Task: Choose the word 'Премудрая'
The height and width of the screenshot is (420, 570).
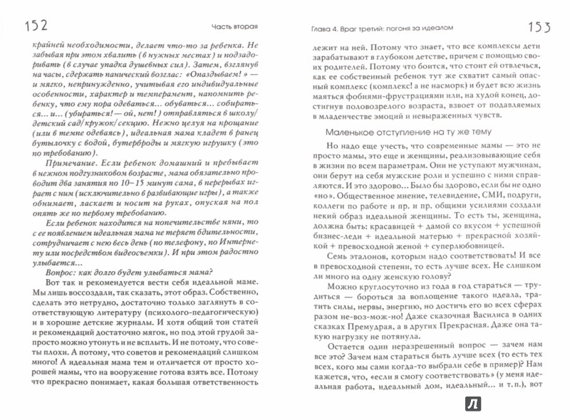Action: pos(364,330)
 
